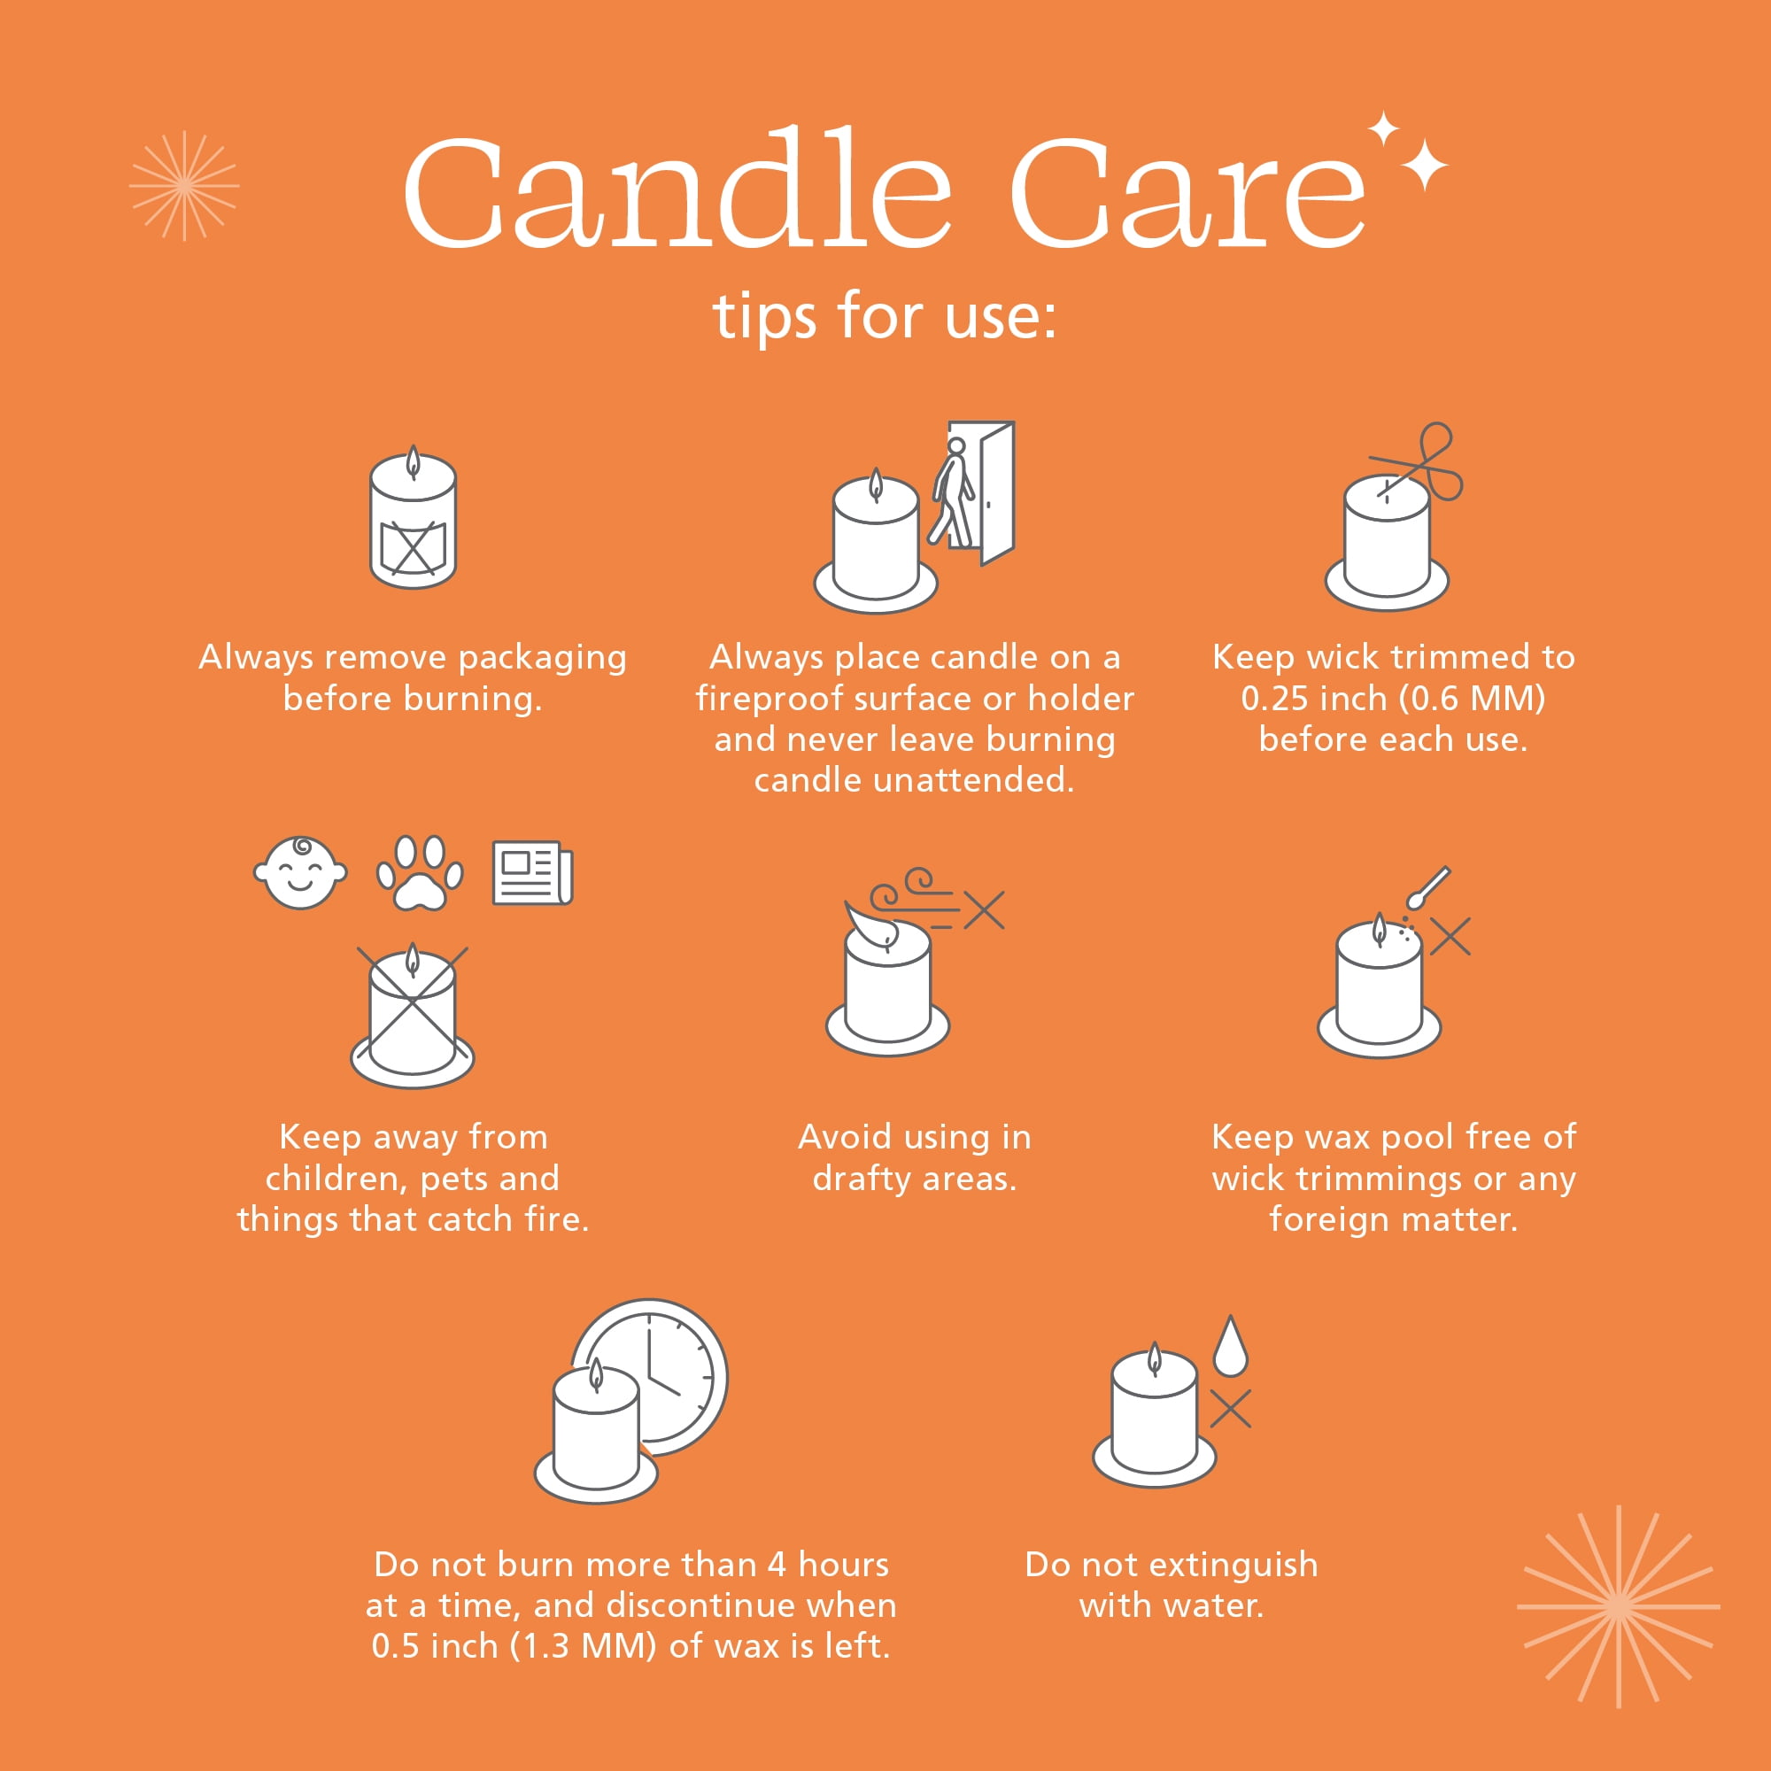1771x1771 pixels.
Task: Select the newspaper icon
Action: click(532, 873)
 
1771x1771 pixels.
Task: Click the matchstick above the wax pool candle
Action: click(1427, 887)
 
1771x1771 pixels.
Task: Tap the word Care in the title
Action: click(1188, 192)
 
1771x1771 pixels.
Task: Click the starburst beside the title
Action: click(184, 185)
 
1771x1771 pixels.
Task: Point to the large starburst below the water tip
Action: click(1619, 1606)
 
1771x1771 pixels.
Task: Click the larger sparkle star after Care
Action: click(1425, 165)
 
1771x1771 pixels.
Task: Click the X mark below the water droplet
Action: click(1230, 1409)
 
